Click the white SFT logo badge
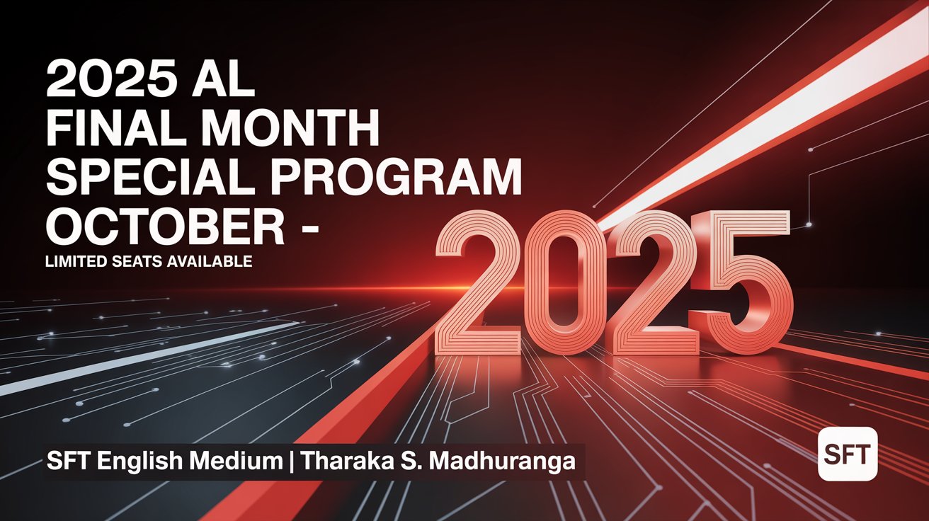[847, 454]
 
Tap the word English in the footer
[136, 461]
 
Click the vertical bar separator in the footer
[292, 461]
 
